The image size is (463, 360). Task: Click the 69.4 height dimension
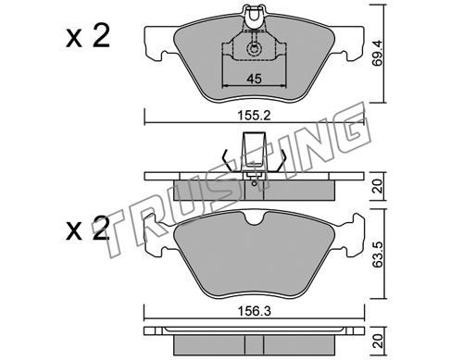[x=378, y=53]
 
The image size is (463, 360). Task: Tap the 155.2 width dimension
[x=254, y=116]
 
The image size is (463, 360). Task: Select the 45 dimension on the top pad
[x=254, y=79]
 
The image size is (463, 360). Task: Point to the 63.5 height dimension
[x=378, y=254]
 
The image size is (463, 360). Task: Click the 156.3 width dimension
[x=254, y=311]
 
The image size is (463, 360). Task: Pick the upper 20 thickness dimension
[x=378, y=186]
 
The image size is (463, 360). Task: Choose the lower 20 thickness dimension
[x=378, y=341]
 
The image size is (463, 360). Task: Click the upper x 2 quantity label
[x=88, y=37]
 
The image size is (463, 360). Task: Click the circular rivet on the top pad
[x=254, y=49]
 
